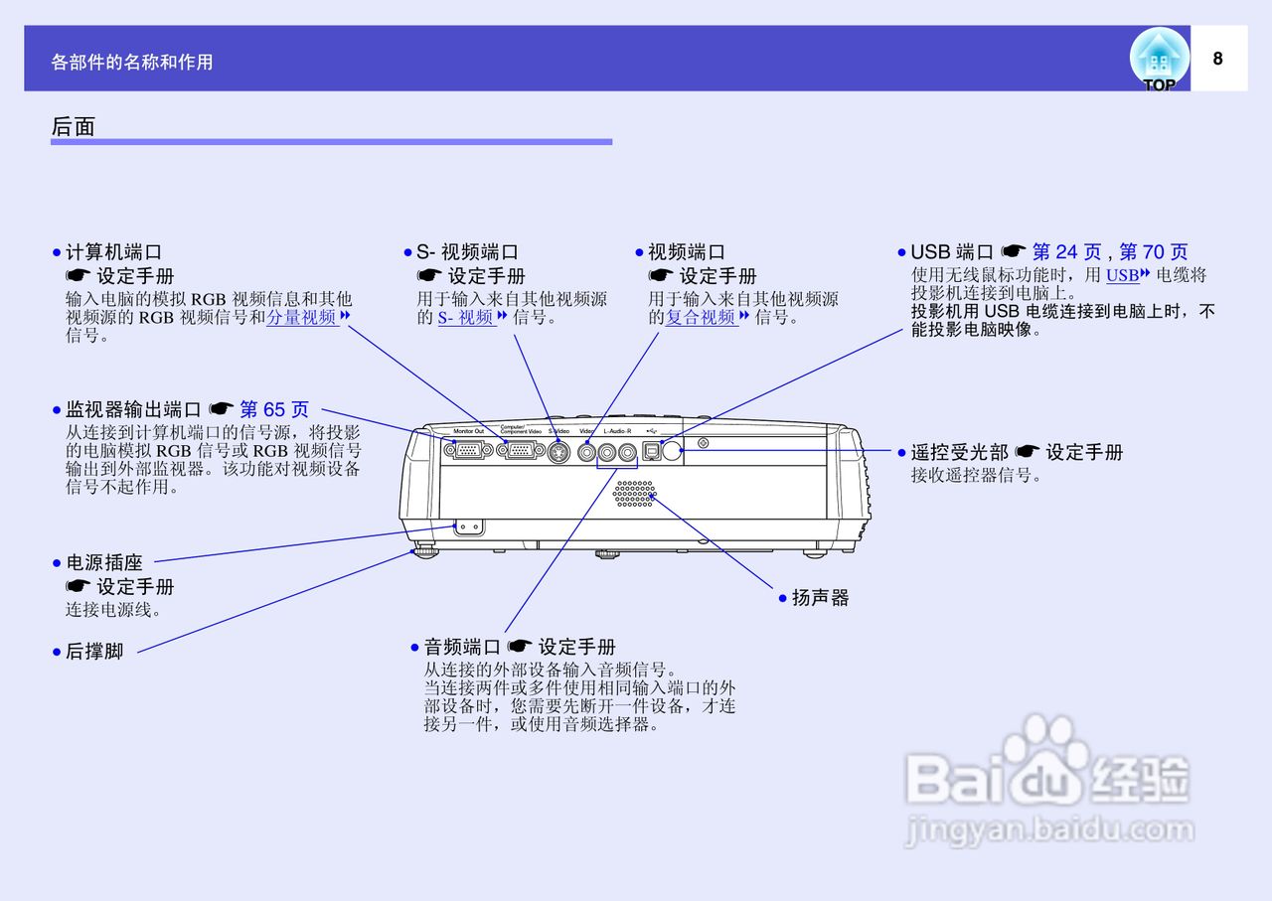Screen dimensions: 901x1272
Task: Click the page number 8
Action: tap(1217, 59)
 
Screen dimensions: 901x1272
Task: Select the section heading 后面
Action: tap(73, 126)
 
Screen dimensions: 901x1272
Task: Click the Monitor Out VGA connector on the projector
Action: tap(467, 451)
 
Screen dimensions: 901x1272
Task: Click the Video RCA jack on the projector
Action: tap(587, 452)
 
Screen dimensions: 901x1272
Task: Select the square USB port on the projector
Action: tap(651, 451)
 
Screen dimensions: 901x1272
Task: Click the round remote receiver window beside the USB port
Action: tap(672, 452)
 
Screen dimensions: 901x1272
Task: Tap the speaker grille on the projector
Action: tap(633, 495)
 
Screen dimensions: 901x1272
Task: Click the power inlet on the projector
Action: tap(468, 527)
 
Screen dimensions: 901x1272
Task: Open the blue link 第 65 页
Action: tap(274, 409)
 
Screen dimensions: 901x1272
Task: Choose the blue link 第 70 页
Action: tap(1153, 252)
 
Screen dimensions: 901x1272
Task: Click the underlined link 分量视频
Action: tap(302, 318)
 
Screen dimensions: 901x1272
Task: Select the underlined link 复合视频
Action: tap(702, 318)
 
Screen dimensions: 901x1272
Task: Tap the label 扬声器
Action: tap(820, 598)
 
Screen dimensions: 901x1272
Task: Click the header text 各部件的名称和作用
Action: tap(132, 62)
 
